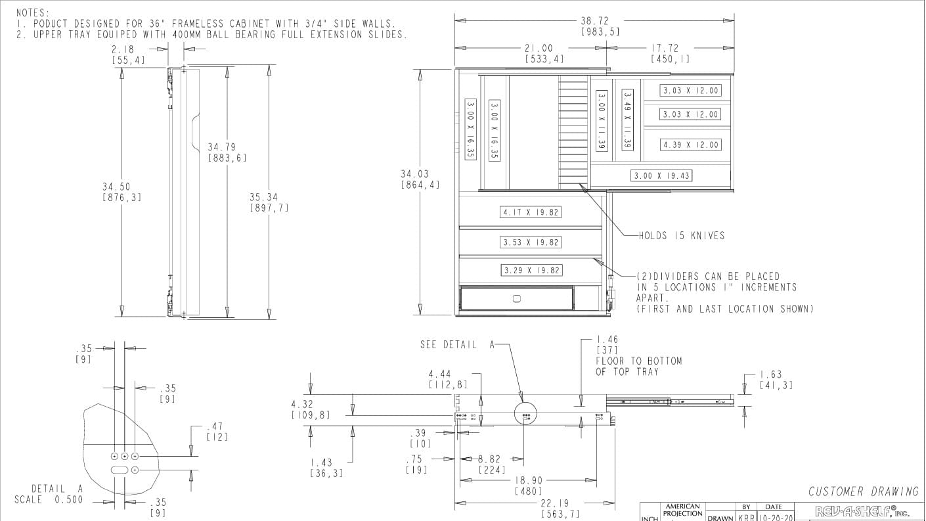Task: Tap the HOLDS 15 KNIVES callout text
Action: [x=682, y=235]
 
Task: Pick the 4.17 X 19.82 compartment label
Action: [x=531, y=212]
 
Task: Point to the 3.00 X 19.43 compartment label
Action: [x=662, y=175]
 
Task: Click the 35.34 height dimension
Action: [x=269, y=197]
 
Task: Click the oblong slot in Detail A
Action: [x=120, y=470]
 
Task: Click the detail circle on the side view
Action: [x=525, y=413]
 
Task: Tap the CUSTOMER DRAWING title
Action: [x=863, y=491]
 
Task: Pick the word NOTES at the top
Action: [x=32, y=12]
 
